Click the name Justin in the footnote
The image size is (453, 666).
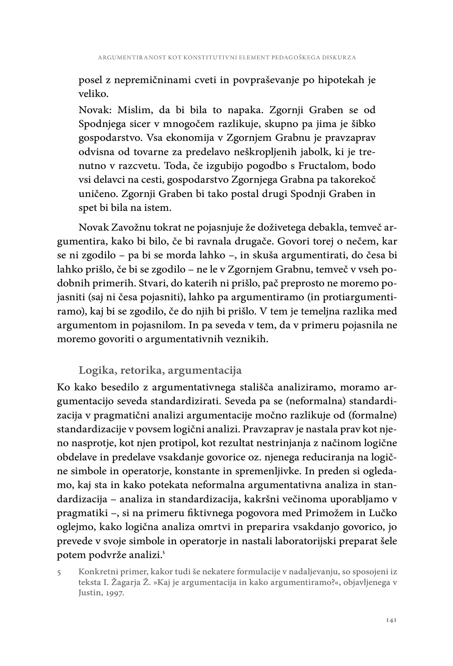(x=90, y=593)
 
